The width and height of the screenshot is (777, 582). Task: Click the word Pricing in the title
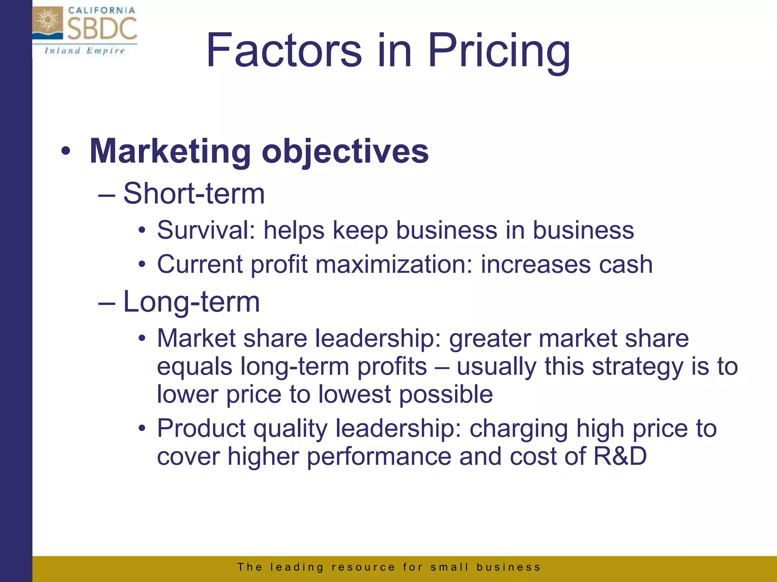tap(499, 51)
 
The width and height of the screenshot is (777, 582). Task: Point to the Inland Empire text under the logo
tap(84, 51)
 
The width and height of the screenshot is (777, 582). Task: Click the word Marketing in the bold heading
tap(170, 152)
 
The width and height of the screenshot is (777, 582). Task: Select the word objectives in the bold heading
tap(345, 152)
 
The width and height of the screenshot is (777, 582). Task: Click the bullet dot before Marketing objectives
tap(66, 152)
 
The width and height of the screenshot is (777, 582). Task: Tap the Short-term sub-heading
tap(194, 194)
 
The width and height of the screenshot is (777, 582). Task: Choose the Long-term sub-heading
tap(192, 302)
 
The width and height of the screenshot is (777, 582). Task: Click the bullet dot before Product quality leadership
tap(142, 429)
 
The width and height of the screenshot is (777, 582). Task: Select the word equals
tap(195, 367)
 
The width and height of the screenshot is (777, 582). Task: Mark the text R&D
tap(620, 456)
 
